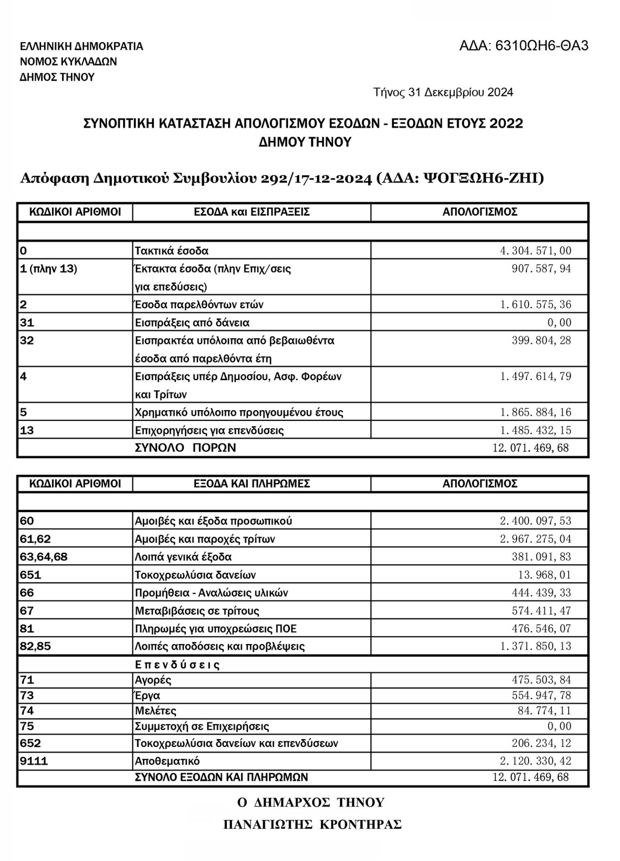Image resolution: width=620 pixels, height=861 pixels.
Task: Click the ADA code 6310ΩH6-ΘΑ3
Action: pos(524,46)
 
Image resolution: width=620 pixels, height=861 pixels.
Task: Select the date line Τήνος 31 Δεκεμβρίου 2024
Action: pos(443,93)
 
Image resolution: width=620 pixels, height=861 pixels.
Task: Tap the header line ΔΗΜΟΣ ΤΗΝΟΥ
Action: pos(57,77)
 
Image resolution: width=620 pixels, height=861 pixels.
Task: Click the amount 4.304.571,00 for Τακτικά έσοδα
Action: pos(535,251)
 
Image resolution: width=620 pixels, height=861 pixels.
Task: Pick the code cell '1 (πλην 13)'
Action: pos(49,269)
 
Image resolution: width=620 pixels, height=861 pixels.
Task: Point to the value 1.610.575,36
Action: pos(535,305)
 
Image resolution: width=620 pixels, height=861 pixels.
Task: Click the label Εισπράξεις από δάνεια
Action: pos(192,323)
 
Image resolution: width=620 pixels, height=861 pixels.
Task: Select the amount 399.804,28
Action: pos(541,341)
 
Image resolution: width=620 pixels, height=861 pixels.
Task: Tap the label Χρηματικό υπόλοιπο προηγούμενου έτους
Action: pos(239,412)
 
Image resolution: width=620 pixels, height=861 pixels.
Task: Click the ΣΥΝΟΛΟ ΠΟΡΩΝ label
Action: pos(186,448)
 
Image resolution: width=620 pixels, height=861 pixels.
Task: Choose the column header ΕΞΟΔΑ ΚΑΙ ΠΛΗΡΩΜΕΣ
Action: pos(252,483)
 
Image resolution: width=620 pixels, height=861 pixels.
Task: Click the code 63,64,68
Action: pos(44,557)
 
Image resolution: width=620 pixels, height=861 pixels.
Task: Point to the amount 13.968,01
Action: pos(544,575)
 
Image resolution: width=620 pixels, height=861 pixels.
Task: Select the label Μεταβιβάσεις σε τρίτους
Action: pos(197,611)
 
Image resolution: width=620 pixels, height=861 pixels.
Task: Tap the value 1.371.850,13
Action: pos(535,646)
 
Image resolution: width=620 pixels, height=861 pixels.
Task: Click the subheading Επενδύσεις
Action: pos(177,665)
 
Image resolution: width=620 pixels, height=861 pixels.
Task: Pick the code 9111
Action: pos(34,761)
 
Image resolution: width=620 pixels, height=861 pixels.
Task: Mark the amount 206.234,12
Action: pos(541,743)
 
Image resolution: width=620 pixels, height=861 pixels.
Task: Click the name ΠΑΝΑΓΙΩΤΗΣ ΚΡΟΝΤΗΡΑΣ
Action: pos(312,825)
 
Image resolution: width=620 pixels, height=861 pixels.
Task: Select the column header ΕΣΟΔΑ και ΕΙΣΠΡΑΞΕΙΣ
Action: pos(252,212)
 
